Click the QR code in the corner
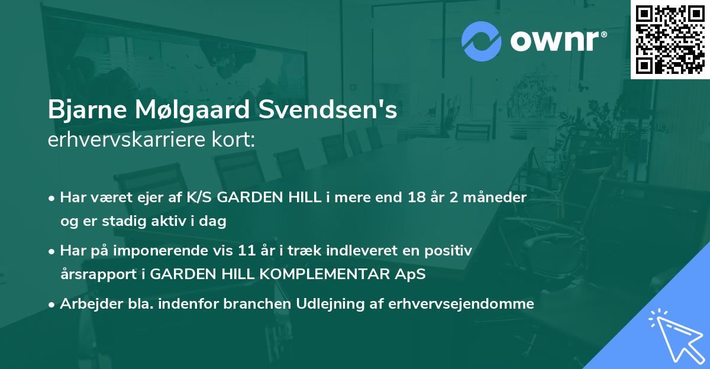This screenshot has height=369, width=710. coord(670,39)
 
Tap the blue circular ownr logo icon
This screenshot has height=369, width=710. coord(481,42)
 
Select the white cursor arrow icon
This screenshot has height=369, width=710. coord(674,334)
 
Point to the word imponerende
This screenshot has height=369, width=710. coord(174,251)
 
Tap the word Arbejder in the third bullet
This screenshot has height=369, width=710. coord(85,304)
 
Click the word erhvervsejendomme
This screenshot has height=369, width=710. coord(461,304)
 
